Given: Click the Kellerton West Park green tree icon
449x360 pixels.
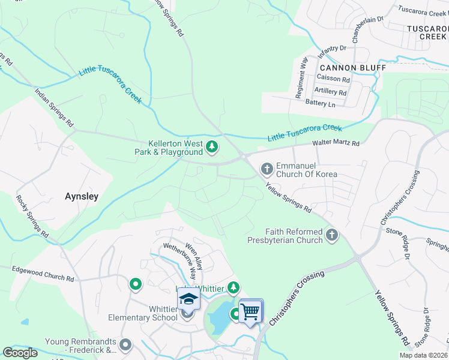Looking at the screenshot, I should pos(211,146).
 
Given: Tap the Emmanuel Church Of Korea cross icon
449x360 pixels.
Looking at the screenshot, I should pos(266,168).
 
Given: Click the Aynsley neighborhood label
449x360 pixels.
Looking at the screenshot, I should pos(81,196).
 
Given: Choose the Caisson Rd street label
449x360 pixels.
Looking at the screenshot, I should pos(334,79).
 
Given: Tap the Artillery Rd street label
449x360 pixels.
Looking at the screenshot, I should pos(331,92).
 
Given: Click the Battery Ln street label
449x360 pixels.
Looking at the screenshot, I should pos(321,104).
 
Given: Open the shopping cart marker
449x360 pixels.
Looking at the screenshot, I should pos(251,310).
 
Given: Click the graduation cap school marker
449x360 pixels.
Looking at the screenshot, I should pos(188,299).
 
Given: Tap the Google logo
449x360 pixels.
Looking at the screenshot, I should pos(20,352).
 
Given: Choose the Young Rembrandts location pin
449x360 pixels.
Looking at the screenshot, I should pos(125,344).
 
